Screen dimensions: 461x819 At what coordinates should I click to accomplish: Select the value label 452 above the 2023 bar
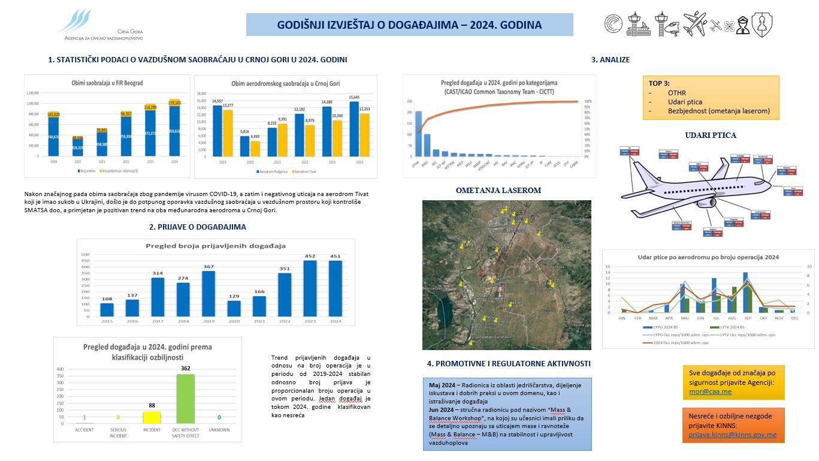[310, 256]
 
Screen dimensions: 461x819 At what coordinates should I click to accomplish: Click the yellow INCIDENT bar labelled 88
[152, 417]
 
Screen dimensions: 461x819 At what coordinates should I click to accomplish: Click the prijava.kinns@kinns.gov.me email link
[732, 435]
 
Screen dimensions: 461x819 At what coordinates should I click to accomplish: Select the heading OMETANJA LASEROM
[498, 191]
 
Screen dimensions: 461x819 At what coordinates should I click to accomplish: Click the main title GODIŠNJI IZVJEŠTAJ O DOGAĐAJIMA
[409, 25]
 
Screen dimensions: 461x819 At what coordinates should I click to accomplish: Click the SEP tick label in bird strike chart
[745, 318]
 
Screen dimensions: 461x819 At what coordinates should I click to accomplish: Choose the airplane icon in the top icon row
[695, 24]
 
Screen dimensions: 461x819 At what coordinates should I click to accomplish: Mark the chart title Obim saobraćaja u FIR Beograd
[107, 83]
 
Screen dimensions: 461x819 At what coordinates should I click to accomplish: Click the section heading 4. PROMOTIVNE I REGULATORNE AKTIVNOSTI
[509, 363]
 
